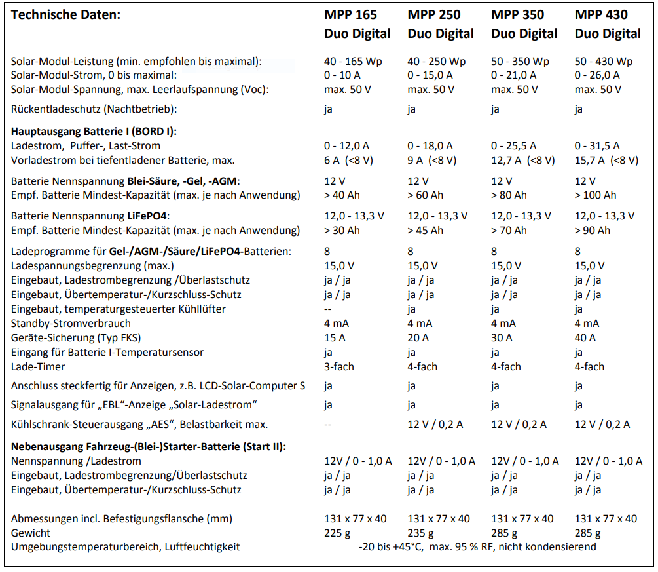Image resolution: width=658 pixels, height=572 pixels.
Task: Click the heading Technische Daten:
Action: [65, 14]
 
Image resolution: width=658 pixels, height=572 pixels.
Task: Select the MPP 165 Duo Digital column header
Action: [357, 24]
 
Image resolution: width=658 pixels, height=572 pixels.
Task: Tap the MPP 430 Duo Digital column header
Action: [608, 24]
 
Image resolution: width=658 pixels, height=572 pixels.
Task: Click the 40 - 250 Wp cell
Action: [437, 61]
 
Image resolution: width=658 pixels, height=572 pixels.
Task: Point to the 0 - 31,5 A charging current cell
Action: [596, 145]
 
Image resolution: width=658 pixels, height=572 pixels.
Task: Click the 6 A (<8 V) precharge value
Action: [348, 160]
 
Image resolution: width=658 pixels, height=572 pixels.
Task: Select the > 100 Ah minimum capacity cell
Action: [595, 195]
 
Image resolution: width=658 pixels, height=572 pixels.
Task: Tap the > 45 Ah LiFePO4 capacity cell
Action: [425, 230]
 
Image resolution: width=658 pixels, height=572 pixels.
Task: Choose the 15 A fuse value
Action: [335, 337]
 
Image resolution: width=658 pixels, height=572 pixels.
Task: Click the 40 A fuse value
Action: [585, 337]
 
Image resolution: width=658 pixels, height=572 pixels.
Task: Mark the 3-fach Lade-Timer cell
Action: [339, 366]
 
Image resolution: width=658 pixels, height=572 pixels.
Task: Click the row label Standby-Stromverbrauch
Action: [71, 323]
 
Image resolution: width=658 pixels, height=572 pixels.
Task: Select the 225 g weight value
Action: [337, 533]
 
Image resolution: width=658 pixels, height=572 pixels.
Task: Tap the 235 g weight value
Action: [420, 533]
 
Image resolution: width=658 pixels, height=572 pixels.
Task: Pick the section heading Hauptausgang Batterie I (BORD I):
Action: [94, 131]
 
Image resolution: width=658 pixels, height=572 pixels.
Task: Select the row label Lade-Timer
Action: [39, 366]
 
